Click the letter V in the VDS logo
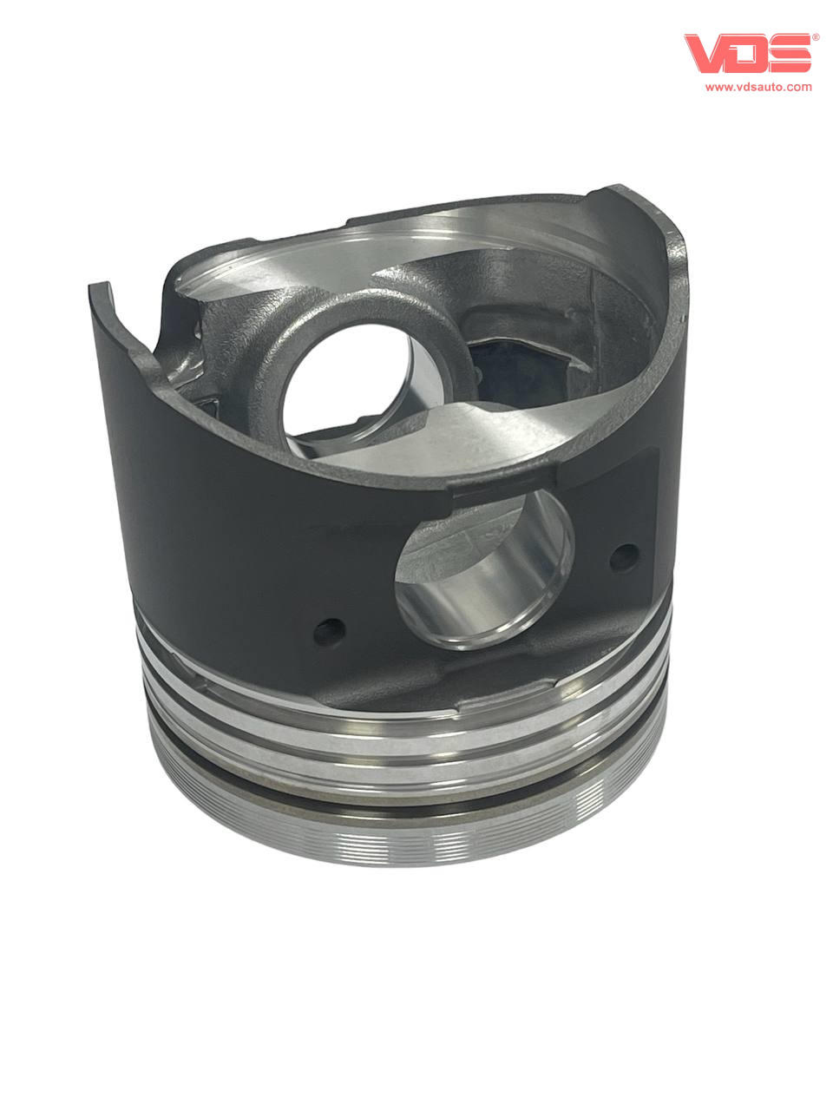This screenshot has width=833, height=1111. (705, 52)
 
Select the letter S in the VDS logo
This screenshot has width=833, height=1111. (789, 54)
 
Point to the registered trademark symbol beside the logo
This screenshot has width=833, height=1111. (816, 37)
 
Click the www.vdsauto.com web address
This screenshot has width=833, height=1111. (758, 87)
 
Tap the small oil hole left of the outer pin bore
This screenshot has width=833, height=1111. (329, 632)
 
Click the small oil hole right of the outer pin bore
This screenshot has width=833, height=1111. (624, 558)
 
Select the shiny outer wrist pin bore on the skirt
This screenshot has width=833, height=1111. (484, 572)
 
